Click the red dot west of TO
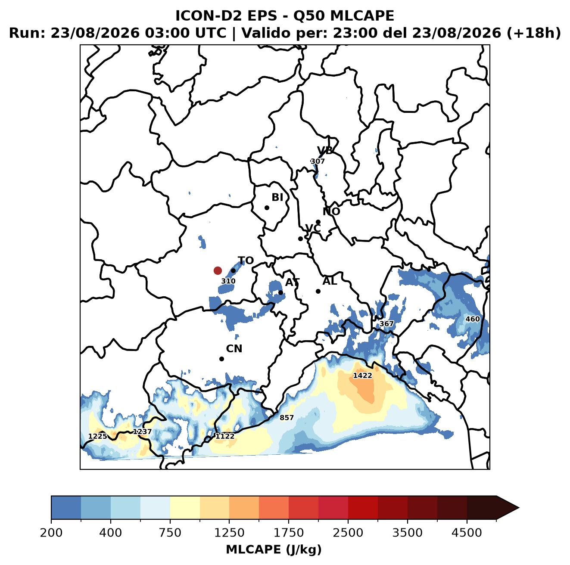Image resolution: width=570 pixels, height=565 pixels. coord(218,270)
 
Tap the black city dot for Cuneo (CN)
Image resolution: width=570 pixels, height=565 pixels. coord(221,359)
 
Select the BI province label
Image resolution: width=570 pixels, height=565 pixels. coord(277,197)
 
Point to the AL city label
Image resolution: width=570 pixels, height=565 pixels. coord(330,281)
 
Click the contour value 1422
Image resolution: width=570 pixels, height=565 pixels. coord(363,376)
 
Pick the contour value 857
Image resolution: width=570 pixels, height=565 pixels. coord(287,417)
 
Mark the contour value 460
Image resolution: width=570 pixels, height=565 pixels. coord(473,319)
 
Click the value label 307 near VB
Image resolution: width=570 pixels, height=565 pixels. coord(318,161)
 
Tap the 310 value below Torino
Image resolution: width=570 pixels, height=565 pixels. coord(228,281)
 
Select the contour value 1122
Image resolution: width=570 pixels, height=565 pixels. coord(225,436)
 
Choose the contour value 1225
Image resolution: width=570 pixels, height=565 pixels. coord(98,436)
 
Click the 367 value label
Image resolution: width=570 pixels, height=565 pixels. coord(386,324)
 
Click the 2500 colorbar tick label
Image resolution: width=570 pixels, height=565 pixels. coord(348,533)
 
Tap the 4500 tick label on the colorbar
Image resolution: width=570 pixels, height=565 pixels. coord(467,533)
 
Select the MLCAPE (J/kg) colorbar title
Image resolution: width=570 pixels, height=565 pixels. coord(274,549)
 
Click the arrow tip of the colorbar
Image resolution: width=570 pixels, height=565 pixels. coord(519,508)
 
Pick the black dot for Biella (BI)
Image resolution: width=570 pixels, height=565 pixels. coord(267,208)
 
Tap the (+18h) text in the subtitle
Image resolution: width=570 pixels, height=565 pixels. coord(533,33)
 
